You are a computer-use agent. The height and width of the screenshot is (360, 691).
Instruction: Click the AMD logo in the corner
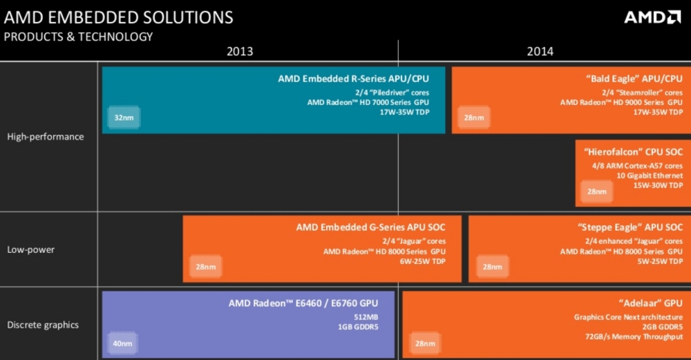[652, 17]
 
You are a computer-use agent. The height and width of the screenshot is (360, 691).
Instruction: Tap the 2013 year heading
[240, 52]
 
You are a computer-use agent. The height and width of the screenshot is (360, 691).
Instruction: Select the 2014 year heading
[540, 52]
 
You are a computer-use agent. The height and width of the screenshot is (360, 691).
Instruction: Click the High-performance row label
[46, 137]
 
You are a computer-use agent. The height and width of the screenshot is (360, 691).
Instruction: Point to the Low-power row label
[31, 249]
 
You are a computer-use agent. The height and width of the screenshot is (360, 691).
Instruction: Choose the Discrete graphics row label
[43, 325]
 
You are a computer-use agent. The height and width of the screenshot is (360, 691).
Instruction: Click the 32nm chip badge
[124, 117]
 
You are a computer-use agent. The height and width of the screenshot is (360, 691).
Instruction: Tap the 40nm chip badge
[122, 343]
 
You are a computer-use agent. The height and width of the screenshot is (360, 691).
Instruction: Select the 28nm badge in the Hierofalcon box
[597, 191]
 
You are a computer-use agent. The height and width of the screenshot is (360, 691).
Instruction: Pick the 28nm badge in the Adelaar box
[425, 343]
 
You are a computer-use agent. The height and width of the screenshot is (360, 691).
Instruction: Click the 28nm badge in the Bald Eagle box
[474, 117]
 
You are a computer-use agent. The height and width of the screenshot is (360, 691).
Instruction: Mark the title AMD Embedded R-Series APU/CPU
[353, 79]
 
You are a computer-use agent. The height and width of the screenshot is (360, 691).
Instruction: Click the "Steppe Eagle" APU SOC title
[630, 227]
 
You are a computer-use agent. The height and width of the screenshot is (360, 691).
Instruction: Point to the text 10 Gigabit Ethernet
[650, 176]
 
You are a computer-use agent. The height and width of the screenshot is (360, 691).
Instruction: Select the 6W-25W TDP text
[423, 261]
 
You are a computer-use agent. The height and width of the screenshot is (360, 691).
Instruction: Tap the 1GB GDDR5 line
[358, 327]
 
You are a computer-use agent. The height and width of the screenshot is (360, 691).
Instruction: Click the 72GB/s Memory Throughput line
[634, 337]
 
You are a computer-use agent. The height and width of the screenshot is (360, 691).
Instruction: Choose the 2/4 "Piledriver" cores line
[392, 93]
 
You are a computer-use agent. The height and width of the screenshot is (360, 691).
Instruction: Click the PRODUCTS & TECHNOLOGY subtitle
[79, 37]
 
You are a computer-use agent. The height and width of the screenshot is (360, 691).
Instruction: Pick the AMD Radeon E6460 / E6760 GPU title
[303, 303]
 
